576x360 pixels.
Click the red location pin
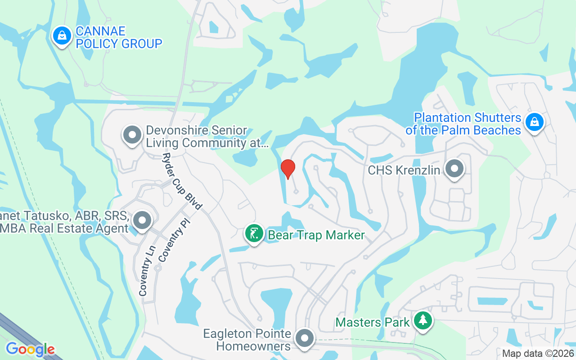point(288,169)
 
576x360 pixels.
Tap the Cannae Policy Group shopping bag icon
point(62,36)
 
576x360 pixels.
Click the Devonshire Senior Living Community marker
point(132,135)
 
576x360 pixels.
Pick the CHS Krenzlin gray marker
point(454,169)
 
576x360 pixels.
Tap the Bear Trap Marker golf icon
point(254,234)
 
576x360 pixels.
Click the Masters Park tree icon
point(423,321)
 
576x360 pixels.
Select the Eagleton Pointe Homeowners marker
point(305,338)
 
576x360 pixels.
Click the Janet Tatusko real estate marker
point(143,221)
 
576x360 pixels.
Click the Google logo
point(30,349)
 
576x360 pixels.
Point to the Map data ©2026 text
point(538,354)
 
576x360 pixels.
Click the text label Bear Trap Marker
point(316,235)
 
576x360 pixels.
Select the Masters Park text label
point(373,322)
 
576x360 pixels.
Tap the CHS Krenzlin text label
point(404,171)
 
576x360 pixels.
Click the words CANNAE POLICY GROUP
point(119,38)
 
